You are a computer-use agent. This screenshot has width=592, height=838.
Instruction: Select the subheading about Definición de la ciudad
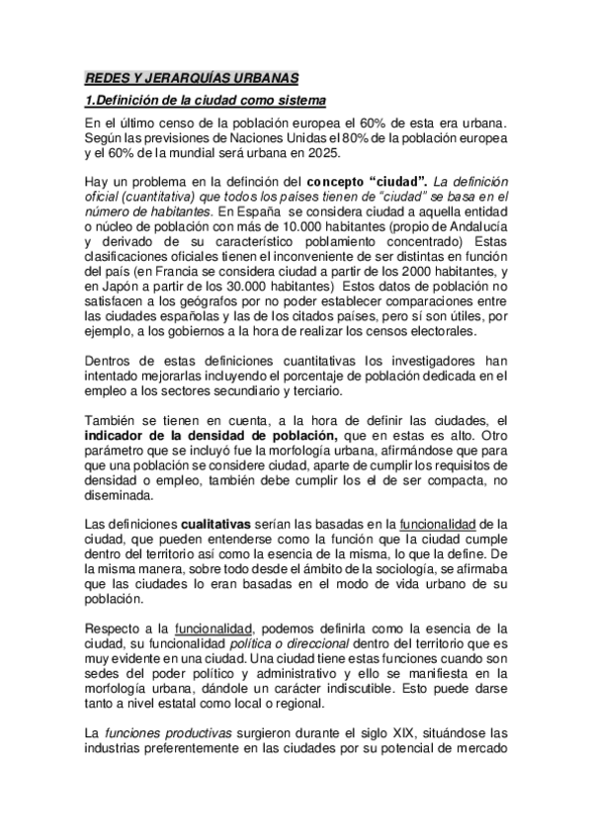205,102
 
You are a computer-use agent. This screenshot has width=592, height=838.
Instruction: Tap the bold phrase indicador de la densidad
211,433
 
